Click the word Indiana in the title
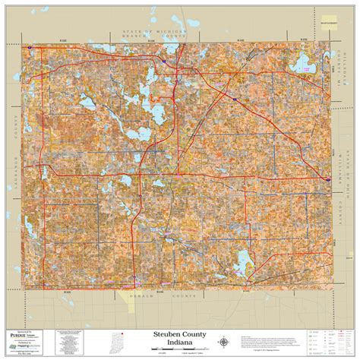[179, 341]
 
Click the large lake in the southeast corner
[244, 262]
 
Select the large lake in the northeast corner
[308, 65]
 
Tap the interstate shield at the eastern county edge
[327, 179]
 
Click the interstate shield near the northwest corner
[30, 47]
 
